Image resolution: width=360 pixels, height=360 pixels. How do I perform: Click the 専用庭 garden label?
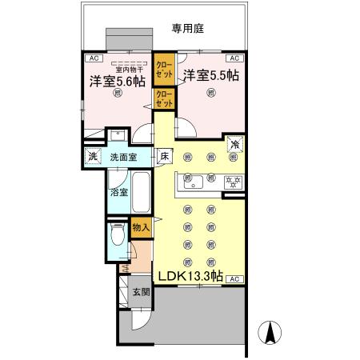point(188,29)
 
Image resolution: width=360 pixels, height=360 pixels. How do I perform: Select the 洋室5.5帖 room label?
point(210,76)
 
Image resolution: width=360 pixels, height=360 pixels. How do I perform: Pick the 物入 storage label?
point(141,228)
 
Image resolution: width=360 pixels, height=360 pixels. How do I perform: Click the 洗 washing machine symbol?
point(93,157)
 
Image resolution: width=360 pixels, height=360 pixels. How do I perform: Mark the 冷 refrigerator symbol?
point(236,144)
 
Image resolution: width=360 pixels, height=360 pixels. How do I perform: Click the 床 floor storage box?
point(163,156)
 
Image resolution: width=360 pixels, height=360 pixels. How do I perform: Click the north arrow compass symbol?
point(270,333)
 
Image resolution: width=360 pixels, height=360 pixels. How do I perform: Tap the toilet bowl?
point(118,236)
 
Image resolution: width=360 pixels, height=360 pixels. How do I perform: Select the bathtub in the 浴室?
point(141,190)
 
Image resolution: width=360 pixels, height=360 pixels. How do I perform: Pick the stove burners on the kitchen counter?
point(234,180)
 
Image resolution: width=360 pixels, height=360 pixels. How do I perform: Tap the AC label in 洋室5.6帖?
point(94,58)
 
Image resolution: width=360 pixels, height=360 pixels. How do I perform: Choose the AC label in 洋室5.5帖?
point(235,58)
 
